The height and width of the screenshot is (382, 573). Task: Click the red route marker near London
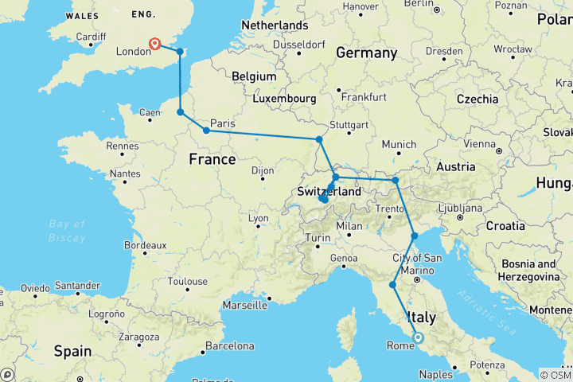[x=154, y=45]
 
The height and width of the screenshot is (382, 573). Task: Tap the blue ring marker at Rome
[x=418, y=338]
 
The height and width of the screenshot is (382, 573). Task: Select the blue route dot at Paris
[x=206, y=131]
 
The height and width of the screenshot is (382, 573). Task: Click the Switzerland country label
[x=329, y=192]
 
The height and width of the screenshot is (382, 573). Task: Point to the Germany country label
[x=366, y=53]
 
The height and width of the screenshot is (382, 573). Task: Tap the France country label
[x=212, y=159]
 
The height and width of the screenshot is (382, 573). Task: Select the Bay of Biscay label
[x=66, y=232]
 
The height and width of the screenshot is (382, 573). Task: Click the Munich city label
[x=399, y=144]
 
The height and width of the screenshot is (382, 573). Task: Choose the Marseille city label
[x=245, y=304]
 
